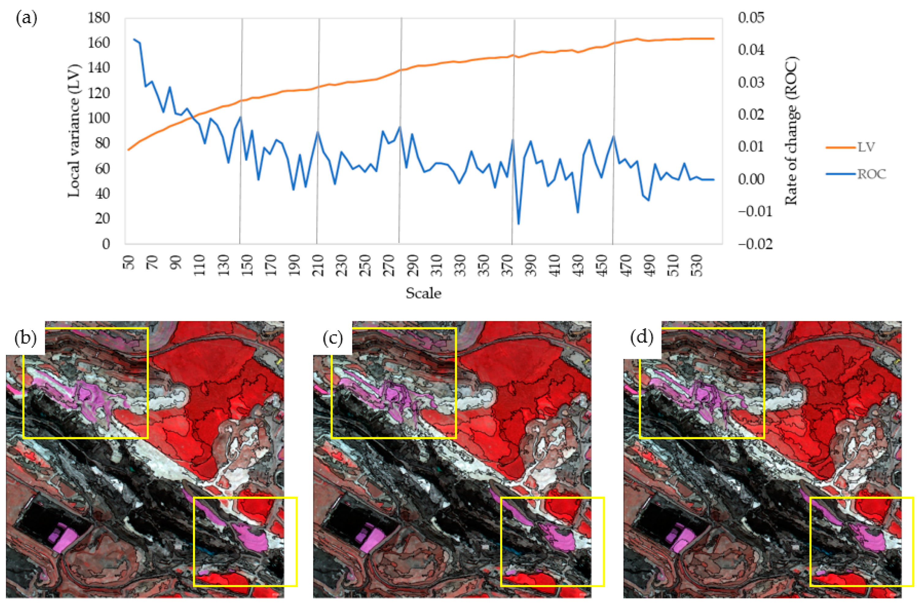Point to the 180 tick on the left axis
coord(99,18)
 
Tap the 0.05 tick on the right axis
coord(751,18)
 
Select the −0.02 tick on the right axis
coord(755,244)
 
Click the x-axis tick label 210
coord(319,265)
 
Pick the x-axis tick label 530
coord(696,265)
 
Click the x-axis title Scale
coord(423,293)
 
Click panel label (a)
coord(26,18)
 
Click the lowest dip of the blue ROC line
coord(518,223)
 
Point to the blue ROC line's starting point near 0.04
coord(134,39)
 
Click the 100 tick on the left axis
coord(99,118)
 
